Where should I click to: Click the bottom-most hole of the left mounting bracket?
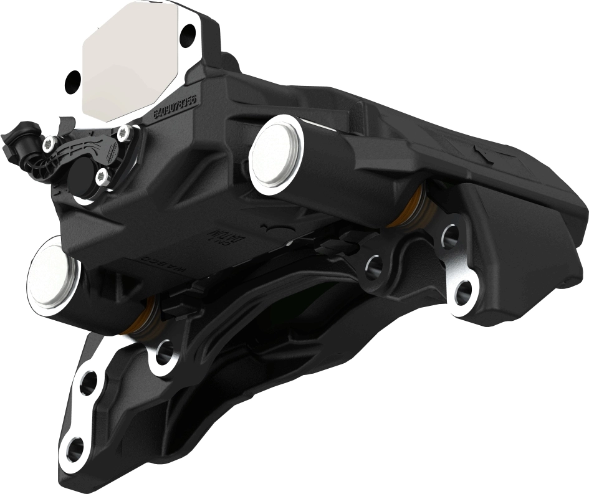[74, 448]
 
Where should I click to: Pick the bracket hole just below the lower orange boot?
[164, 354]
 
